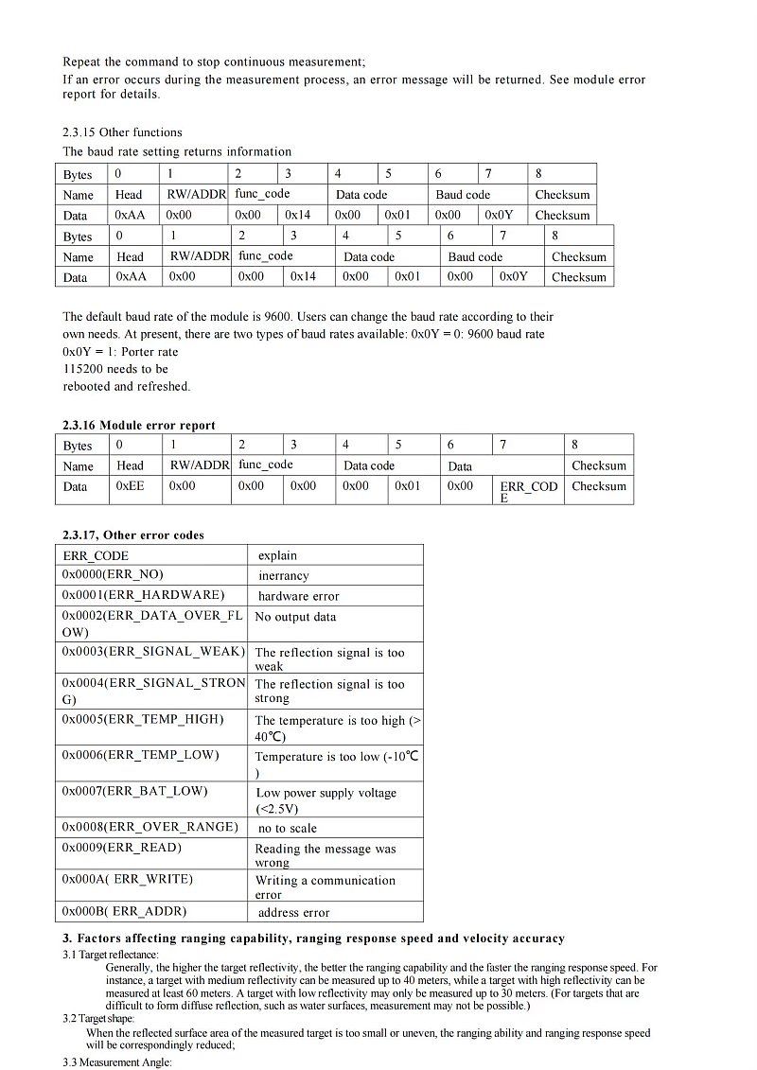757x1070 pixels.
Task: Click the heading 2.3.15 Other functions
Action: pos(122,132)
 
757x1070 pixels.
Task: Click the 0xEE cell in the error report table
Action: pos(130,486)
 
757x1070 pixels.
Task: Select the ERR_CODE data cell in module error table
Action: pos(529,490)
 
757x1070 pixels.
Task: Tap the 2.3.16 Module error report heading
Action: pos(139,426)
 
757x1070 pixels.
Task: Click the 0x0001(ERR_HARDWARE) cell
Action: pos(143,595)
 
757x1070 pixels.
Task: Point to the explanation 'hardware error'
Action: pos(298,596)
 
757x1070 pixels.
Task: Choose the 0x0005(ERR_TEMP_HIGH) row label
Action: pos(143,719)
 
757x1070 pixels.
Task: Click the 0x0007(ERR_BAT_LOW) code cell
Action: pos(134,791)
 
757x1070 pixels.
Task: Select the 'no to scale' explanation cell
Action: pos(288,828)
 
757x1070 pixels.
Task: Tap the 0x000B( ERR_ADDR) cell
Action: pos(124,911)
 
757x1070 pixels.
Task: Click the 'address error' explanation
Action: pos(293,912)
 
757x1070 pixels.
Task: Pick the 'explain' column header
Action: pos(277,555)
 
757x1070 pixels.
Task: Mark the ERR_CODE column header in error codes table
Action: pos(96,555)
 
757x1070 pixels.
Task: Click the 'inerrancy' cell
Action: pos(283,575)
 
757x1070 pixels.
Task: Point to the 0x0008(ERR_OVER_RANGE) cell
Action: pos(150,827)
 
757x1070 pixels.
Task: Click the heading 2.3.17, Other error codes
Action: pos(133,535)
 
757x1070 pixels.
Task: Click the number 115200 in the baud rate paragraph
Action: pos(82,369)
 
